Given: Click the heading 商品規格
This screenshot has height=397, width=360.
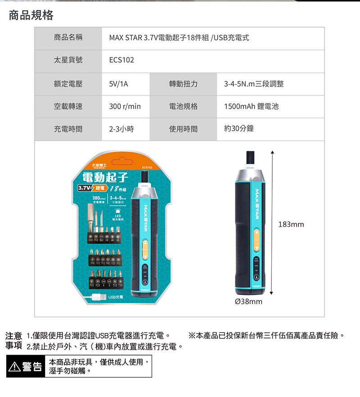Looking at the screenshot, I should pyautogui.click(x=31, y=15).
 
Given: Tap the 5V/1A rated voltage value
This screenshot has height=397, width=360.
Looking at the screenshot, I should pyautogui.click(x=119, y=84).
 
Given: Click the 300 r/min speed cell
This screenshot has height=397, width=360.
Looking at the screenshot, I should pyautogui.click(x=125, y=106).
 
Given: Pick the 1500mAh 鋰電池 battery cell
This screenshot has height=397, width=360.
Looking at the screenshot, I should pyautogui.click(x=251, y=106).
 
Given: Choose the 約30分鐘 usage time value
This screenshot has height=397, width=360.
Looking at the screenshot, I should pyautogui.click(x=238, y=129).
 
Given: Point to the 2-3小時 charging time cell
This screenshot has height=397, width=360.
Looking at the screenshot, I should pyautogui.click(x=121, y=129).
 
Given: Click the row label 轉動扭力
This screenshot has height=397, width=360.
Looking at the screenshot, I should pyautogui.click(x=183, y=84).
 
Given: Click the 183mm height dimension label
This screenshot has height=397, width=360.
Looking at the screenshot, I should pyautogui.click(x=291, y=224).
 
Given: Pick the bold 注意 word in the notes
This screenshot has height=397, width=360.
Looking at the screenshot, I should pyautogui.click(x=13, y=336).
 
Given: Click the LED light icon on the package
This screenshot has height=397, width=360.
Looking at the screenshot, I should pyautogui.click(x=118, y=212).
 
